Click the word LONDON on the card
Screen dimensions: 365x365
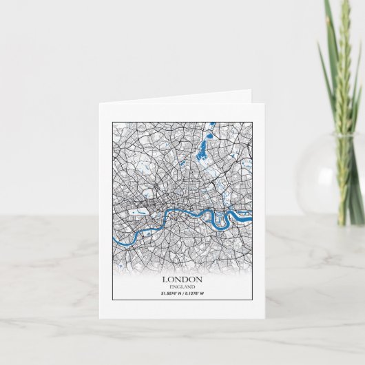[182, 280]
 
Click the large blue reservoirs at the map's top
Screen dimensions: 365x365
[204, 147]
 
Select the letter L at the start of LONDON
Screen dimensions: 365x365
[165, 280]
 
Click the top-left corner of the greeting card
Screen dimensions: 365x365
[98, 103]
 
